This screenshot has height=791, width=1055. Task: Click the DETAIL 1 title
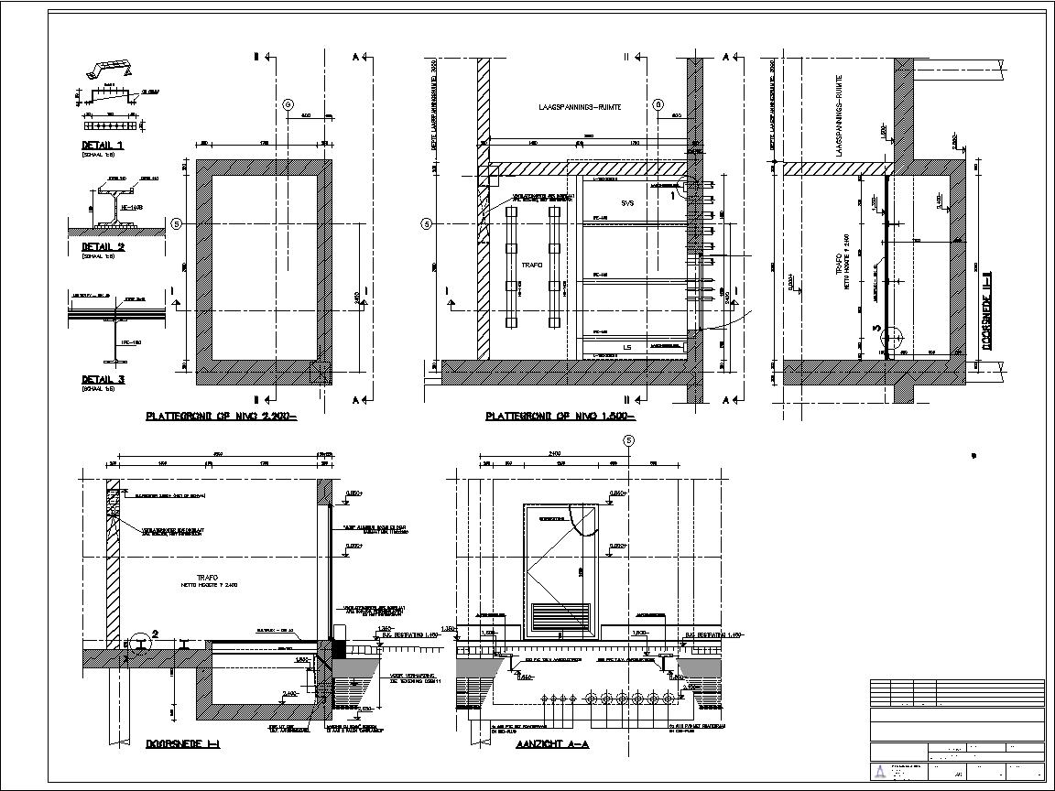pos(103,146)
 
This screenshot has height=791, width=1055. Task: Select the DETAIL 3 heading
pos(103,379)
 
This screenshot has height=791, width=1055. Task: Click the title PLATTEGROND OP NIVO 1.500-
pos(560,417)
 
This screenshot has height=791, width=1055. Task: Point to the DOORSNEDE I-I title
pos(182,745)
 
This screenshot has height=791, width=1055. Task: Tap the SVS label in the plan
pos(628,202)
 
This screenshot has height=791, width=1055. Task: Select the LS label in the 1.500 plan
pos(627,347)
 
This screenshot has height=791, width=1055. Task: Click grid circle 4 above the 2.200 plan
pos(289,105)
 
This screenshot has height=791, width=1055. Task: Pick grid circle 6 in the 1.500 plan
pos(658,105)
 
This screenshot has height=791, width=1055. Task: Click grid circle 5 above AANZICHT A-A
pos(628,440)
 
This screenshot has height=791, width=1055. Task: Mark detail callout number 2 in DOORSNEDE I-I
pos(155,633)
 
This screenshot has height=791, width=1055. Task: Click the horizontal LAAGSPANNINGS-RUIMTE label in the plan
pos(580,107)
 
